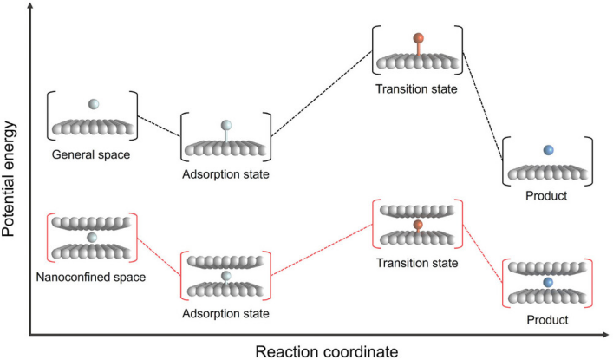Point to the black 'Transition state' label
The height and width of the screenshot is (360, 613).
coord(417,88)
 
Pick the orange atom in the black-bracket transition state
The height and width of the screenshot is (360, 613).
coord(418,38)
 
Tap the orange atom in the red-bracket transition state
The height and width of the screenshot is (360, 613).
coord(417,226)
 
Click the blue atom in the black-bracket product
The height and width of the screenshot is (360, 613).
coord(548,151)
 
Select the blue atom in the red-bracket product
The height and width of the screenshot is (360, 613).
coord(548,284)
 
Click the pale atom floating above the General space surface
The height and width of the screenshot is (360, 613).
coord(94,104)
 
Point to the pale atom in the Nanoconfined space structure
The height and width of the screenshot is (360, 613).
coord(93,237)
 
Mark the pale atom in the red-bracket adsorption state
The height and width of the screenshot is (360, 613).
coord(226,276)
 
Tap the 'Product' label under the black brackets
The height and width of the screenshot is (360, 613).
coord(547,196)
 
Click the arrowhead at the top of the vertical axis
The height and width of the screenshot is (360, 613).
coord(31,6)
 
